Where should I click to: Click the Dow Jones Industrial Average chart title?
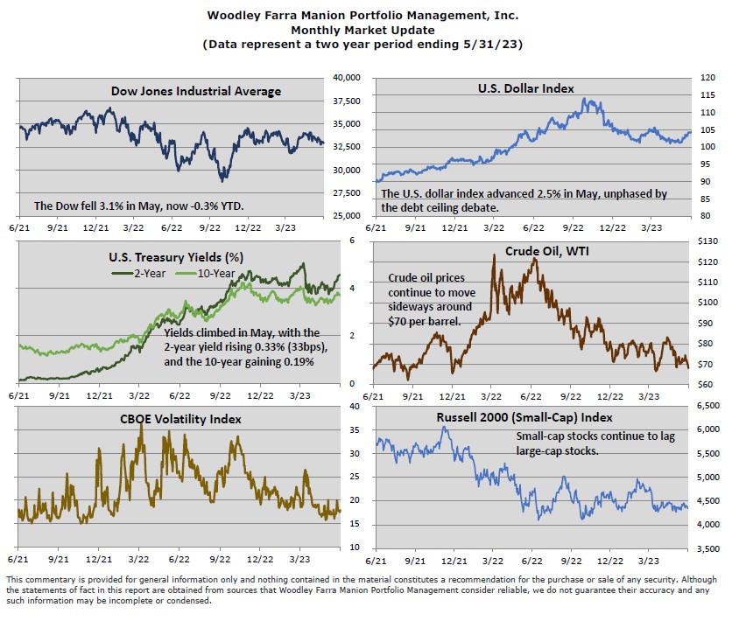196,91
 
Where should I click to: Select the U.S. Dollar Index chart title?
525,87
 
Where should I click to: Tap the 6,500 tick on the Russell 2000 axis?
706,407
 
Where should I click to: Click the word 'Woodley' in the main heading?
233,15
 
